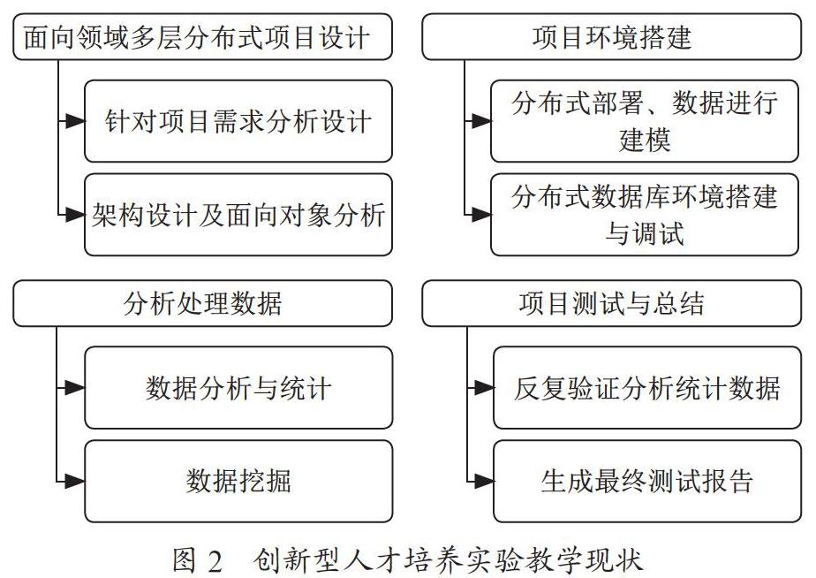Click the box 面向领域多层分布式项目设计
pyautogui.click(x=202, y=37)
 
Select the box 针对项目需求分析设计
pyautogui.click(x=238, y=121)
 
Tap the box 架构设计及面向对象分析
pyautogui.click(x=238, y=215)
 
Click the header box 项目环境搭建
pyautogui.click(x=611, y=37)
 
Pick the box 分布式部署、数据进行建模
pyautogui.click(x=645, y=121)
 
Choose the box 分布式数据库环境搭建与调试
pyautogui.click(x=645, y=215)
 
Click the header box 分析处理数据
pyautogui.click(x=202, y=303)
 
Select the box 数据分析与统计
pyautogui.click(x=238, y=387)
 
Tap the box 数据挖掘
pyautogui.click(x=238, y=481)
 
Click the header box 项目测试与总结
pyautogui.click(x=611, y=303)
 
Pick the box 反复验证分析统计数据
pyautogui.click(x=646, y=387)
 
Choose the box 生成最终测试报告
pyautogui.click(x=646, y=481)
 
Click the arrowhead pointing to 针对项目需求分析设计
pyautogui.click(x=75, y=121)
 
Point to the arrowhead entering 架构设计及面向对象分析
pyautogui.click(x=75, y=215)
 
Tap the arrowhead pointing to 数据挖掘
pyautogui.click(x=75, y=481)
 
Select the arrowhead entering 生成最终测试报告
pyautogui.click(x=484, y=481)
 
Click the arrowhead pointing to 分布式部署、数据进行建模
pyautogui.click(x=481, y=121)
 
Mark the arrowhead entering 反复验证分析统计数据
pyautogui.click(x=484, y=387)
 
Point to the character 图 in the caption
pyautogui.click(x=184, y=560)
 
